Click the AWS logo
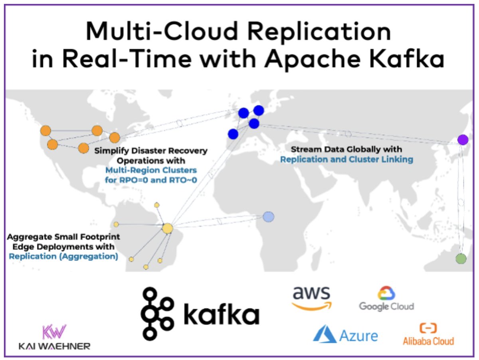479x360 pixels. point(312,298)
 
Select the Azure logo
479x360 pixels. point(345,334)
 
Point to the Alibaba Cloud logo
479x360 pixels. point(428,334)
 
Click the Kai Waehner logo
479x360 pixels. point(54,337)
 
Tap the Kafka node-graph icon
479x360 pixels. point(157,313)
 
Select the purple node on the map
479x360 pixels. point(463,140)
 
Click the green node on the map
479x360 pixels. point(461,258)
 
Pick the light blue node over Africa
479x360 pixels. point(269,217)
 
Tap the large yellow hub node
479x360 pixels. point(167,228)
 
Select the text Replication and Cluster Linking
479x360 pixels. point(346,159)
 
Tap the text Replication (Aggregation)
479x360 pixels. point(63,256)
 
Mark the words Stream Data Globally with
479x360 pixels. point(346,149)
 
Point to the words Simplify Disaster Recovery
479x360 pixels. point(151,151)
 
